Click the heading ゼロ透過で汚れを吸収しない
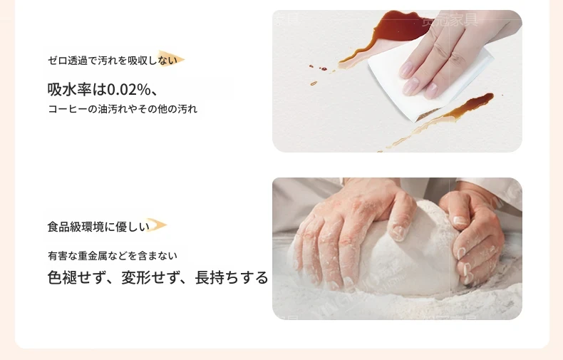pos(113,61)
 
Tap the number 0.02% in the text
pos(129,89)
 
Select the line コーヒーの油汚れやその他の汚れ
pos(123,108)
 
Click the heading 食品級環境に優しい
pos(98,227)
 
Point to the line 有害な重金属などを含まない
pos(113,256)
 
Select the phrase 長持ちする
pos(232,278)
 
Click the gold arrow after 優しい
pos(157,225)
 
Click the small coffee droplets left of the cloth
pos(318,72)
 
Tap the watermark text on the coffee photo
pos(450,19)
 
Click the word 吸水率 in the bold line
pos(69,89)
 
